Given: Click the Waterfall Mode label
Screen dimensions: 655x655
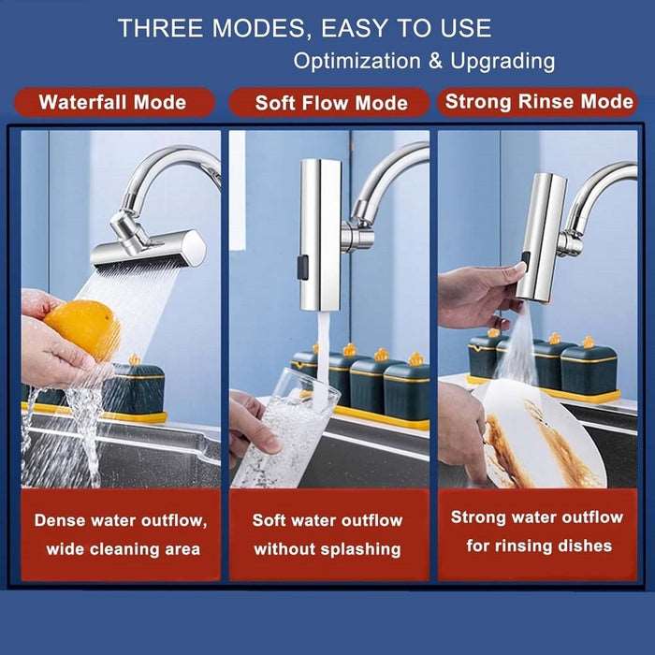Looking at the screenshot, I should click(x=112, y=102).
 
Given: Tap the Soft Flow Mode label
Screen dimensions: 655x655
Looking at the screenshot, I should click(x=331, y=103).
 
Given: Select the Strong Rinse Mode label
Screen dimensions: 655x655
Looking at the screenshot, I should click(x=539, y=101).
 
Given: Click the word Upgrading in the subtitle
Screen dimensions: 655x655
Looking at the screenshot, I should click(x=502, y=63).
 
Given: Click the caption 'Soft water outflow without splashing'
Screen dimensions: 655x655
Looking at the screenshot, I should click(x=327, y=534).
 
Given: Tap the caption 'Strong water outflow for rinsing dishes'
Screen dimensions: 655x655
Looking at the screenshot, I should click(x=537, y=531).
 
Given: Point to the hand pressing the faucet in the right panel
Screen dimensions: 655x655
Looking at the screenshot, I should click(x=477, y=294).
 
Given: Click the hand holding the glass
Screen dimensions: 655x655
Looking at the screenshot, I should click(x=251, y=426).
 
